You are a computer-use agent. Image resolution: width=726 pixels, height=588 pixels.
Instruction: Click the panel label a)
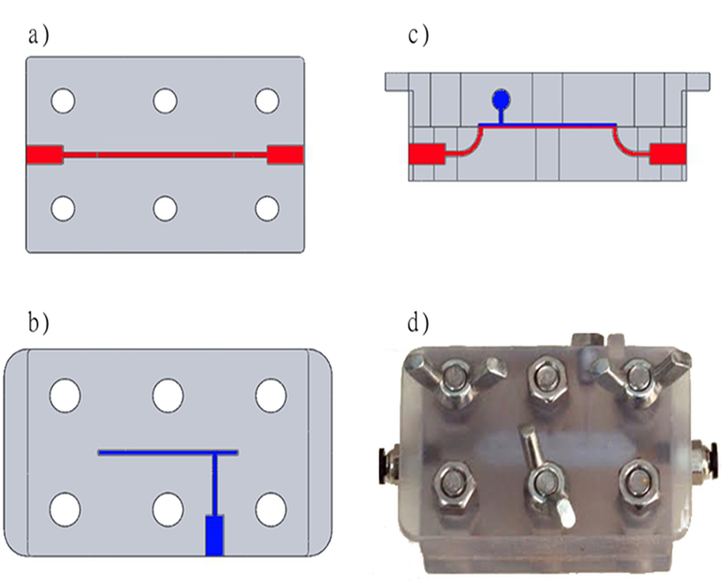pos(39,36)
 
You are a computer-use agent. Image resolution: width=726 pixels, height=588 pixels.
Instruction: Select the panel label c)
pos(419,36)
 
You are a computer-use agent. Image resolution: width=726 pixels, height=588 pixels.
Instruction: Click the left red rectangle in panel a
pos(45,155)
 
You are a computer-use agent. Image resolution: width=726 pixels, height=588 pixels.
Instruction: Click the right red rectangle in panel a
pos(286,155)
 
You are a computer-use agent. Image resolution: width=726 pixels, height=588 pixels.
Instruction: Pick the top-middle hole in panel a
pos(165,101)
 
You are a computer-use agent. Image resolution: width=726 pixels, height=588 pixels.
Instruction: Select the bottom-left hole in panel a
pos(63,208)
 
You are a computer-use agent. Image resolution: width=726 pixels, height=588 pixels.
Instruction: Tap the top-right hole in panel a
pos(267,101)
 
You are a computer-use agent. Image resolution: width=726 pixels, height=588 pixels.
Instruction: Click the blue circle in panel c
pos(501,99)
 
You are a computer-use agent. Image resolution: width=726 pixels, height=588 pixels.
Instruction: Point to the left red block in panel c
pos(427,154)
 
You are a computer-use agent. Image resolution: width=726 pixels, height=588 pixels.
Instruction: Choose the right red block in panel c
pos(668,154)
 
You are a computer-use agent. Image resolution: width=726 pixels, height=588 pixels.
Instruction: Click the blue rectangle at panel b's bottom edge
pos(214,535)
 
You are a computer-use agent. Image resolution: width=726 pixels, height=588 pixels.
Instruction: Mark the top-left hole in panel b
pos(65,396)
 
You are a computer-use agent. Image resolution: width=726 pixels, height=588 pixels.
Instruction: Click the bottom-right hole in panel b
pos(271,509)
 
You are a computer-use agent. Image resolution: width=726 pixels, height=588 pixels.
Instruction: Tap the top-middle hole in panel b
pos(168,396)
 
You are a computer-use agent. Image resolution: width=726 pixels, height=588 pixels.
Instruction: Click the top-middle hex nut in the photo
pos(547,378)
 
